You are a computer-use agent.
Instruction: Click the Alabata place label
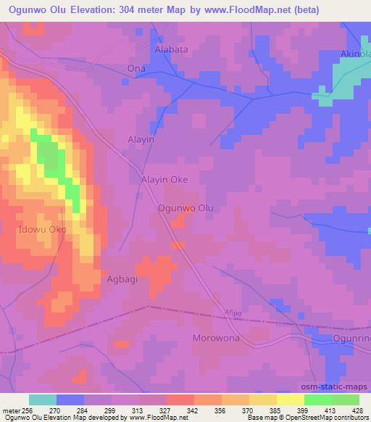click(x=172, y=50)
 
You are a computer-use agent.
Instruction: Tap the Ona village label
click(x=136, y=69)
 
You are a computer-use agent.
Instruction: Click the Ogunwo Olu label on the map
click(x=186, y=207)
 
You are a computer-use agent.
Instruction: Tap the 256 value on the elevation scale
click(x=28, y=410)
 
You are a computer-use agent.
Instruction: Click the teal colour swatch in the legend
click(x=43, y=400)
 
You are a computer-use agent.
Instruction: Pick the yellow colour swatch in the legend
click(x=290, y=400)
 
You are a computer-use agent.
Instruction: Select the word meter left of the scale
click(x=10, y=410)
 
